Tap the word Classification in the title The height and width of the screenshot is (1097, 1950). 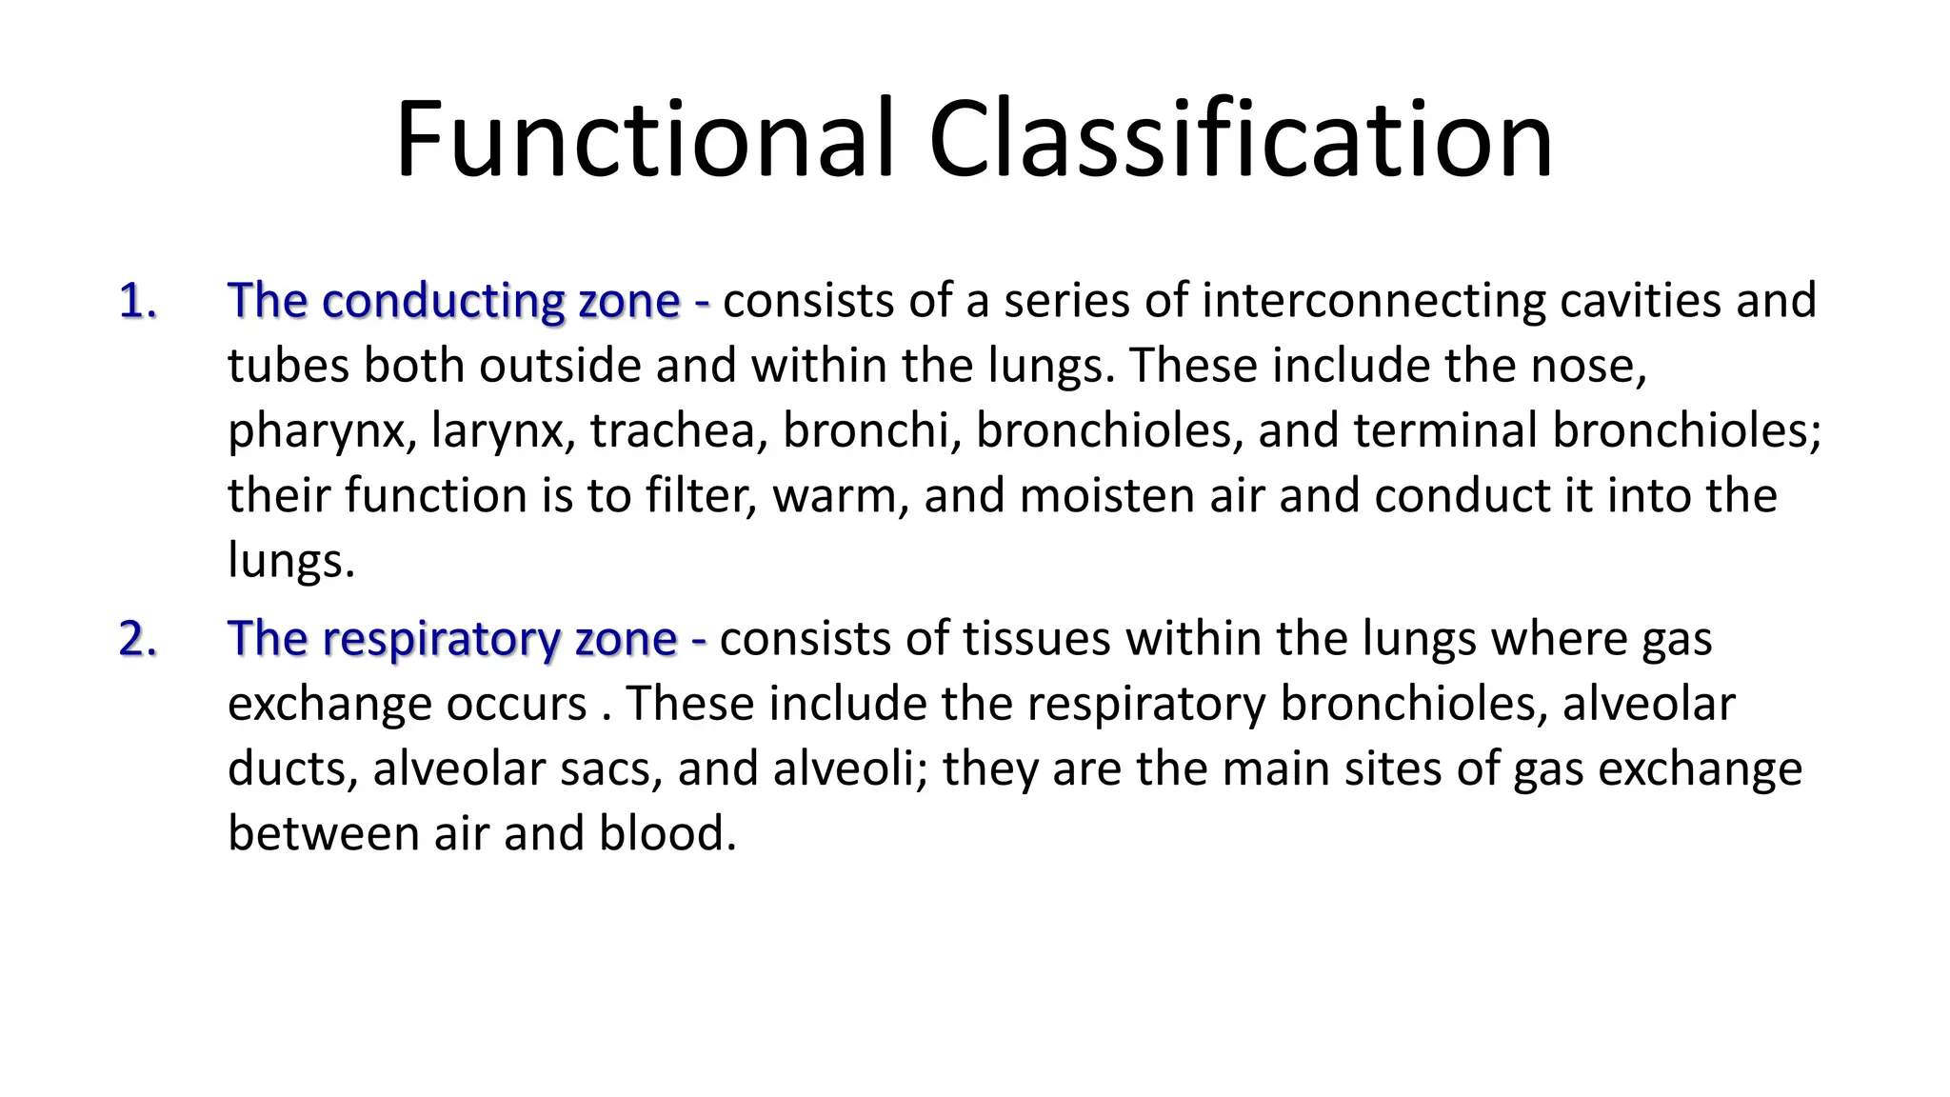point(1241,139)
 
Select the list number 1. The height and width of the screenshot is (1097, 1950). point(138,301)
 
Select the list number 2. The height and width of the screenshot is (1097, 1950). point(138,639)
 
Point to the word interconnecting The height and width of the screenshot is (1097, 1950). point(1374,301)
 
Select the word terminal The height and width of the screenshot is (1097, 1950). point(1445,430)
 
